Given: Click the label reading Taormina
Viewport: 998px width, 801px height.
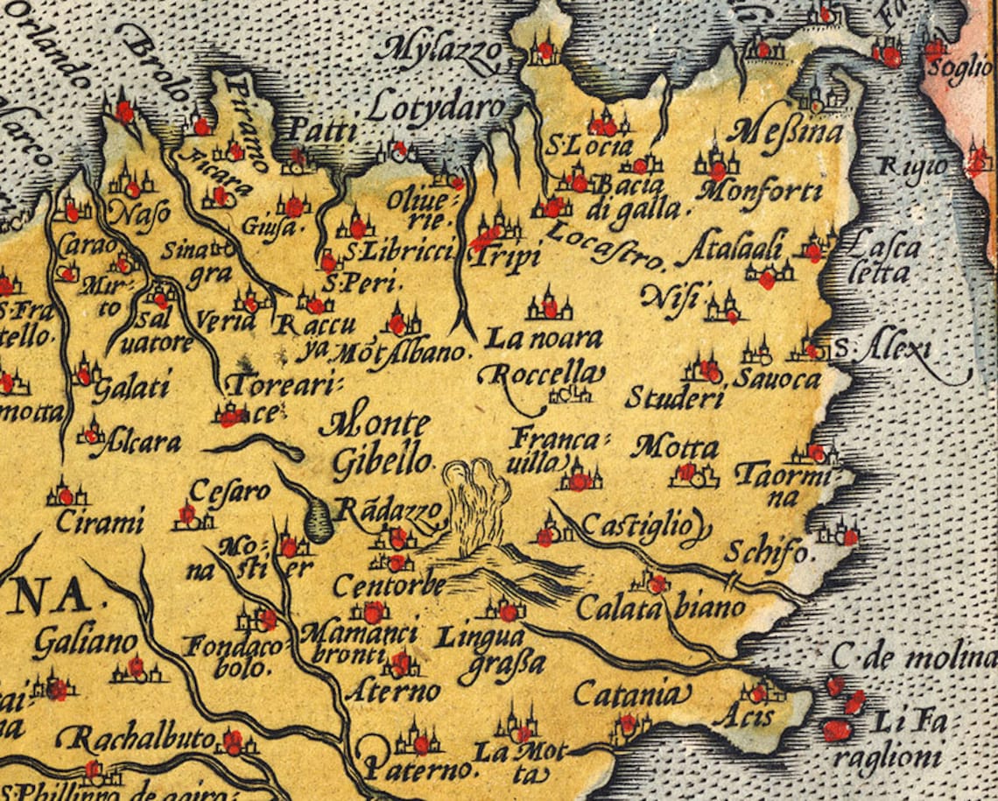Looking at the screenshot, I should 780,484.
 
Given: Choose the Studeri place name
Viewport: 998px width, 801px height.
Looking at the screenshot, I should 674,398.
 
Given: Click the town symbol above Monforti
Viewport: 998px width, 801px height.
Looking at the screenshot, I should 716,163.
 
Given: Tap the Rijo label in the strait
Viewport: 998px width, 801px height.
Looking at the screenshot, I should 899,165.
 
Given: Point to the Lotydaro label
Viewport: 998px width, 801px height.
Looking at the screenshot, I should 436,109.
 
